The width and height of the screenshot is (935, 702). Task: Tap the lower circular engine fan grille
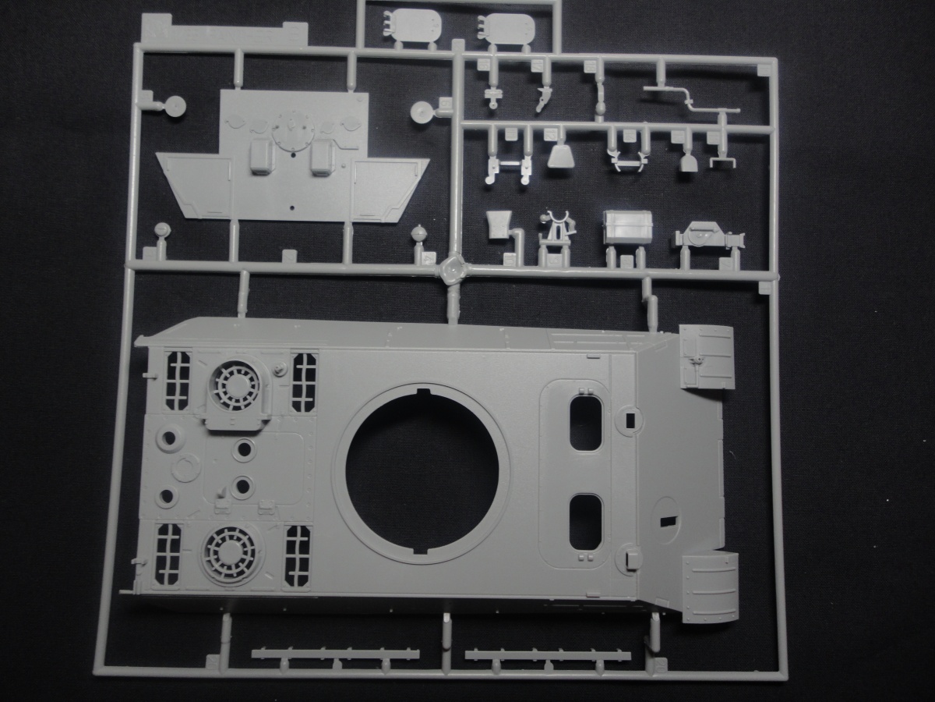pos(231,554)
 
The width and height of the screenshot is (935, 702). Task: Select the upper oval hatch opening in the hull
pos(586,422)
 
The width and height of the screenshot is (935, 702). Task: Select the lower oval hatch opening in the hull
pos(585,520)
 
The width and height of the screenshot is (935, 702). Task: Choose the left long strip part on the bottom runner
pos(335,654)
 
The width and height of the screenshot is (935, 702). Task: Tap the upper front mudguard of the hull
pos(707,356)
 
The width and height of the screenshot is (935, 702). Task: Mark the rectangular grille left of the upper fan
pos(177,381)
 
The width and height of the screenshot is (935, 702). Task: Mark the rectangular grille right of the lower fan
pos(298,555)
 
